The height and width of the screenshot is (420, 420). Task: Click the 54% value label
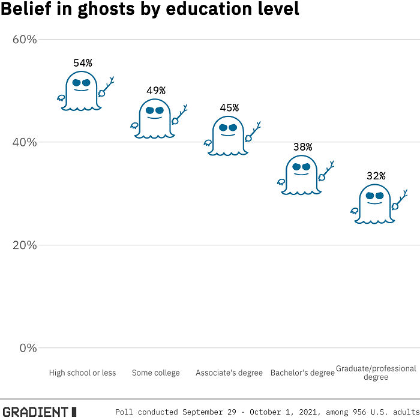[83, 63]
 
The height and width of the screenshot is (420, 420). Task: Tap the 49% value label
[156, 91]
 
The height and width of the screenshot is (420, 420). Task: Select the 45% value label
[229, 108]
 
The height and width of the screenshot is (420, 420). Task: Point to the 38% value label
[302, 146]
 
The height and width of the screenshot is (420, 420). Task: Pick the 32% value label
[376, 176]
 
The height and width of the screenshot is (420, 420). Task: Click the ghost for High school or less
[82, 91]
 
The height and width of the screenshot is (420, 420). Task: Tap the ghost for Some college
[155, 119]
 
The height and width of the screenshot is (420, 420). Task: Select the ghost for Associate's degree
[228, 136]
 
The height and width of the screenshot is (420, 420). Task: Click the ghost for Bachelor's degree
[301, 175]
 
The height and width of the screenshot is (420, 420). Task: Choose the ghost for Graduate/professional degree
[374, 205]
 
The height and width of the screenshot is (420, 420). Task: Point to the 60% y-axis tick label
[25, 40]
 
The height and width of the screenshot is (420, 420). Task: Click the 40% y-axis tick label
[25, 142]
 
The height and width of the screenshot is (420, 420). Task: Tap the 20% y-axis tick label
[25, 245]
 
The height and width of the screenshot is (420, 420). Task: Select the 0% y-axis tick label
[28, 348]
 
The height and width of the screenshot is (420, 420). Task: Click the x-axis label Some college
[156, 373]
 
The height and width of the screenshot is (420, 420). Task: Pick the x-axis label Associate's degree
[229, 373]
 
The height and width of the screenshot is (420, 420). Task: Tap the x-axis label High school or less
[83, 373]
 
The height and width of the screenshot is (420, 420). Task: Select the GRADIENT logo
[39, 412]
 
